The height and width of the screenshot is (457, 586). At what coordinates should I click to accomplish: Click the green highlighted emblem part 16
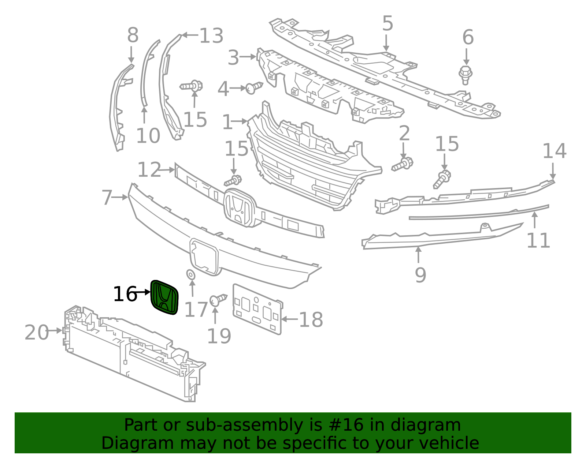[x=164, y=297]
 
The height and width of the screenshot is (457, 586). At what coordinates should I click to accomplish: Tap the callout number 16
[x=125, y=294]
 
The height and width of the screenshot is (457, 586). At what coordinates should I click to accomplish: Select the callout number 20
[x=37, y=332]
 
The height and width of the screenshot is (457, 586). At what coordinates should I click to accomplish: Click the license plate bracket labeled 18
[x=257, y=309]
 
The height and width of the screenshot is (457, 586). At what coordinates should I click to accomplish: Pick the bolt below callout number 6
[x=465, y=74]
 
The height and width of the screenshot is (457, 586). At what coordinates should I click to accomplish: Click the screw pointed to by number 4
[x=253, y=87]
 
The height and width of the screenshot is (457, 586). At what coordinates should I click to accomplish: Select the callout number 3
[x=233, y=58]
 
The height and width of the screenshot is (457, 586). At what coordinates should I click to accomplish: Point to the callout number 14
[x=554, y=151]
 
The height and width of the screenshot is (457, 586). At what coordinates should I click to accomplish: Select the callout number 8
[x=133, y=35]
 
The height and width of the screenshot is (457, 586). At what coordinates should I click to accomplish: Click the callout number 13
[x=211, y=36]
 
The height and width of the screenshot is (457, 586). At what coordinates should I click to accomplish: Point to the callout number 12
[x=149, y=170]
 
